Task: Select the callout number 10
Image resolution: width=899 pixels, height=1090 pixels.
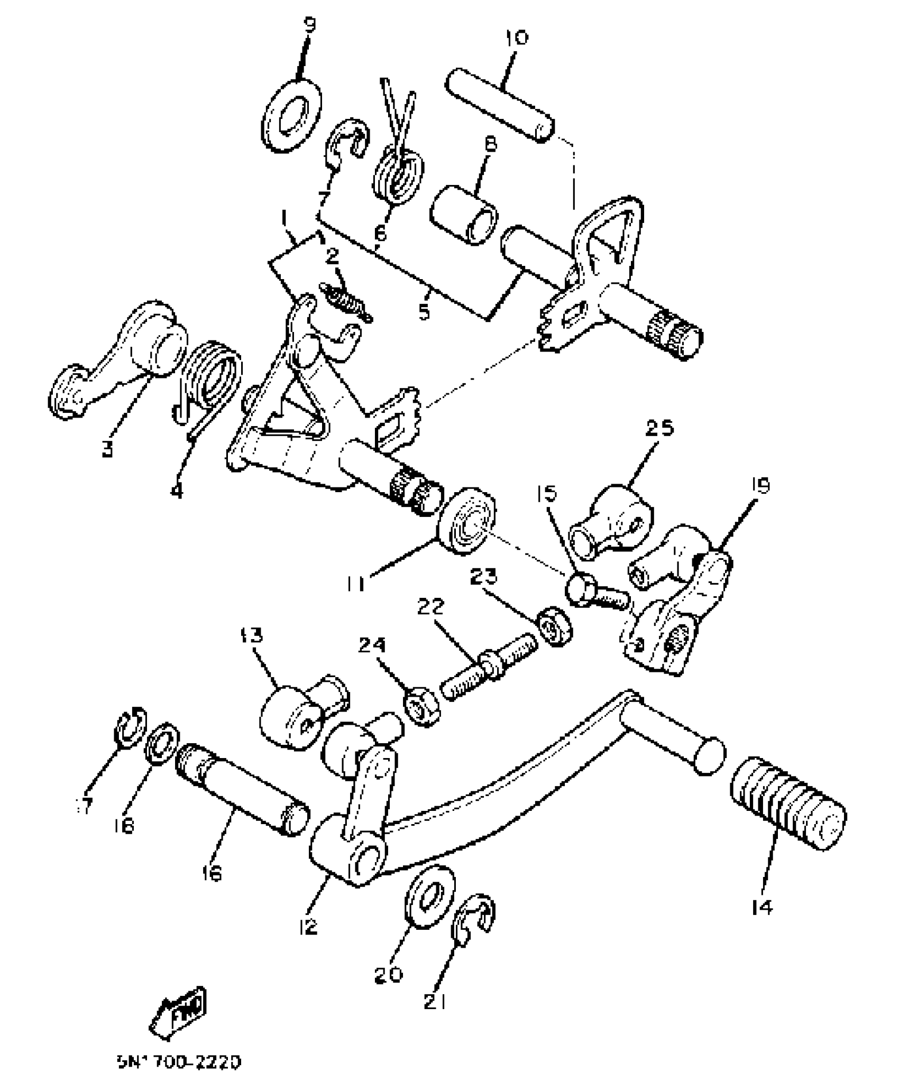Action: click(516, 39)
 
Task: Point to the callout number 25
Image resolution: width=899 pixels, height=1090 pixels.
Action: click(659, 427)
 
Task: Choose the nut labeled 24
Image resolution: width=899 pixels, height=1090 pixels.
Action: click(421, 707)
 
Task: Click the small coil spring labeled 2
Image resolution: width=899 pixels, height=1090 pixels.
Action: click(347, 302)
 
